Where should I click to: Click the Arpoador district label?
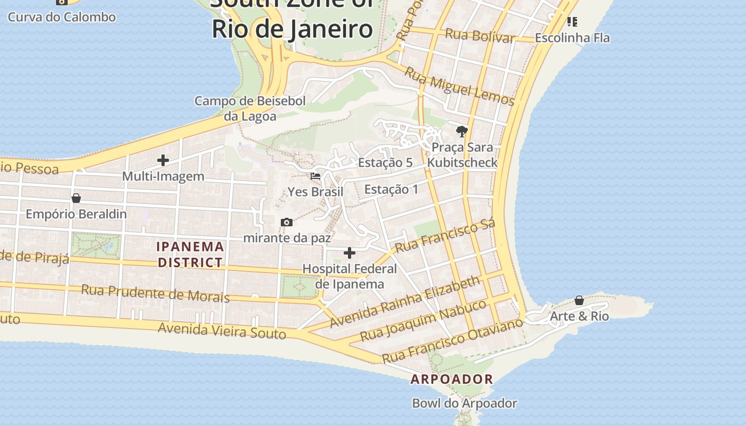[451, 379]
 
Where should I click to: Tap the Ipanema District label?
[190, 255]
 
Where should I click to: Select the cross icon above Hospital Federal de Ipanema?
[350, 252]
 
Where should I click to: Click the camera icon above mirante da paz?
[287, 222]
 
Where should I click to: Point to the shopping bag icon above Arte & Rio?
[579, 300]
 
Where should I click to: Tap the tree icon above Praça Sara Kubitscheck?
[461, 131]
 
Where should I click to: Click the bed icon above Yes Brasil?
[315, 176]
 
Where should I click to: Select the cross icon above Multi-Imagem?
[163, 160]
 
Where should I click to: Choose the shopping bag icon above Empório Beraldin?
[76, 198]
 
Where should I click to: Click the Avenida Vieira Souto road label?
[222, 331]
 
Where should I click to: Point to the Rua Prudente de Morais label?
[155, 293]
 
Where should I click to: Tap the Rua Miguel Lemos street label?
[459, 87]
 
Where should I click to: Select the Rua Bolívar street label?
[480, 35]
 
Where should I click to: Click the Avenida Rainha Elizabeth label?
[404, 302]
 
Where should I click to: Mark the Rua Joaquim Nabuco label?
[423, 321]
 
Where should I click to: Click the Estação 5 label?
[385, 162]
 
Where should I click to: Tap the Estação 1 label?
[391, 189]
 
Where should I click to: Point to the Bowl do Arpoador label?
[465, 403]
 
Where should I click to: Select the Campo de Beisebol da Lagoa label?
[250, 109]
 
